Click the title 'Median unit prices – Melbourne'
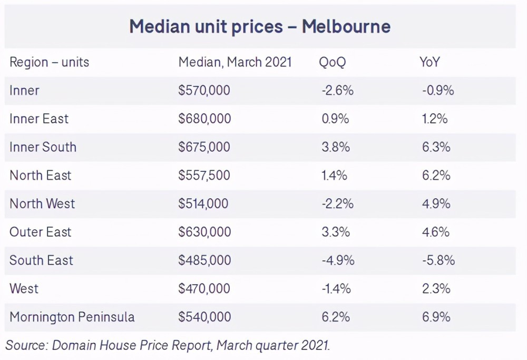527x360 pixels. (260, 26)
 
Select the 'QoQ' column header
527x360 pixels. (332, 62)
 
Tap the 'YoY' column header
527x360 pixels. (430, 62)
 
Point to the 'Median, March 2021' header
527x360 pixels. (235, 62)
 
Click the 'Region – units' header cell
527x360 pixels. (50, 62)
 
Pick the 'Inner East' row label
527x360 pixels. (39, 119)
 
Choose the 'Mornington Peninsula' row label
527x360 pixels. (72, 317)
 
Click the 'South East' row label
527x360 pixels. (42, 260)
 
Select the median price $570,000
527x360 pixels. (204, 90)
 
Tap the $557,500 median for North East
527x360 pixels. (204, 175)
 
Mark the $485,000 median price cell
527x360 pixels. (204, 260)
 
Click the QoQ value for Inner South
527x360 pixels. (336, 147)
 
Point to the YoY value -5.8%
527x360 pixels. (438, 260)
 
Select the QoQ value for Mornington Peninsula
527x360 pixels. (335, 317)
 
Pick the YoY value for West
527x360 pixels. (435, 288)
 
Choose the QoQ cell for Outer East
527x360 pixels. (335, 232)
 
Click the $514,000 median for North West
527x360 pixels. (203, 203)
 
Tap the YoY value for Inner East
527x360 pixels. (435, 119)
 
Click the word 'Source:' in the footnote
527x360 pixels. (26, 345)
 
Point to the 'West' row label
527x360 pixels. (24, 288)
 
